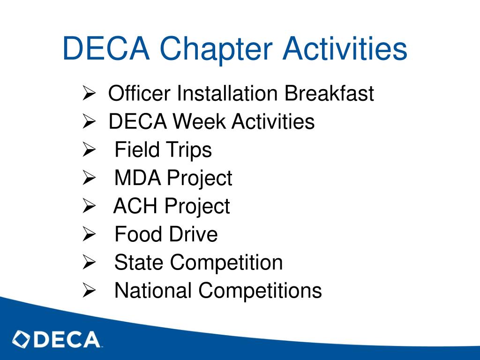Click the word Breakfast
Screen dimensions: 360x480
(x=329, y=93)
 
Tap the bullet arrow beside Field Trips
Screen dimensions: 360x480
(x=89, y=150)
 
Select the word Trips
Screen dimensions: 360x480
(x=189, y=150)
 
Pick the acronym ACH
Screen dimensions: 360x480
(x=136, y=207)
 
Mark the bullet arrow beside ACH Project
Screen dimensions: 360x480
(x=89, y=207)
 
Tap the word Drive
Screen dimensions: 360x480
(x=193, y=234)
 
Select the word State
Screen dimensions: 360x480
(x=139, y=262)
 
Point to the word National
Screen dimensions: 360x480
(x=153, y=291)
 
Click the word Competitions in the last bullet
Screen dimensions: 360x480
(x=260, y=291)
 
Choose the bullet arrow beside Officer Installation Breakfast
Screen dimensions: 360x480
(x=89, y=93)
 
